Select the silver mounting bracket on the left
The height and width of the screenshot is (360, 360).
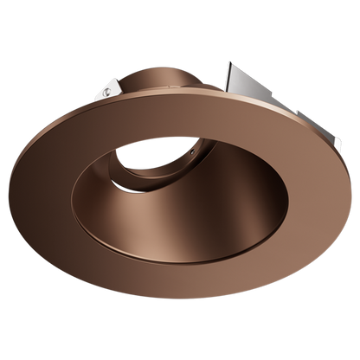(106, 87)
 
